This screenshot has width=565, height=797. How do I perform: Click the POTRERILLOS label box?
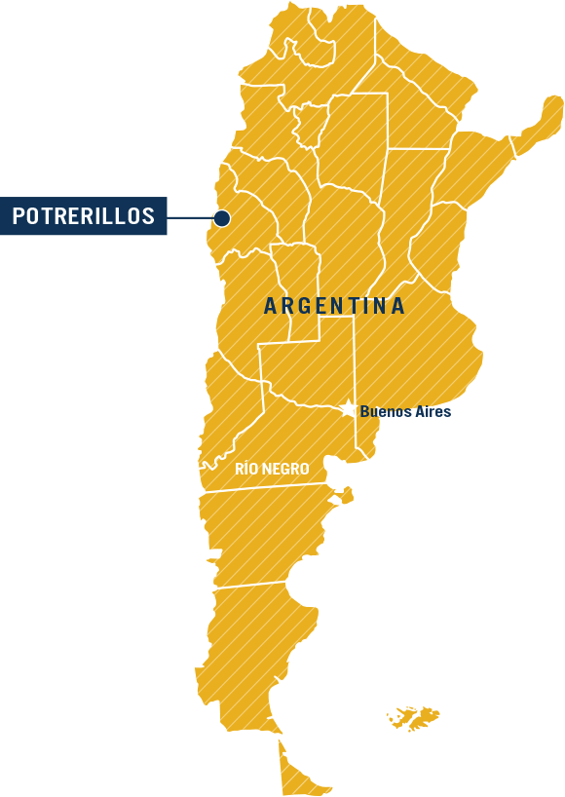[x=84, y=216]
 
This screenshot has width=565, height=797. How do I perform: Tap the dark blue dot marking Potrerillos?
[x=222, y=218]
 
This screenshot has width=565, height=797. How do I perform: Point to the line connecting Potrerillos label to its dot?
[x=190, y=217]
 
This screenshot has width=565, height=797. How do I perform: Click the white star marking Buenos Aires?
[x=348, y=409]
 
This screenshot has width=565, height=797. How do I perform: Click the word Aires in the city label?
[x=431, y=412]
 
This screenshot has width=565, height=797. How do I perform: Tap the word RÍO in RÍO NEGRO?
[x=245, y=470]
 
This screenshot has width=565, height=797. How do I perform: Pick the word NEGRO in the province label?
[x=284, y=470]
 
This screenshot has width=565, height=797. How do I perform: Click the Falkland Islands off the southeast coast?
[x=415, y=719]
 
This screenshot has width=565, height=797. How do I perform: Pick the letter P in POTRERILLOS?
[x=19, y=216]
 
